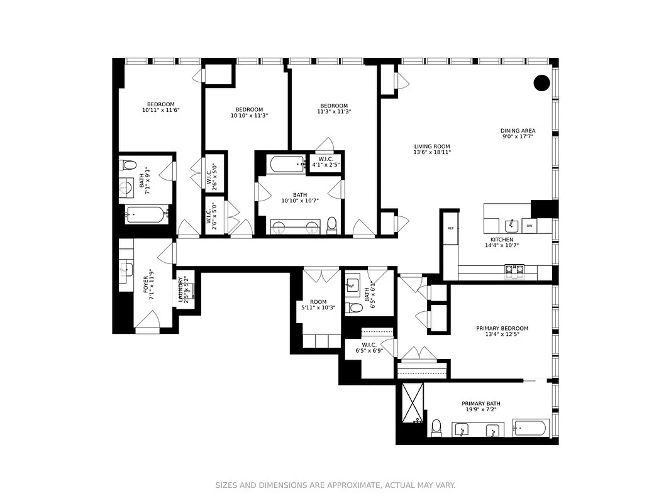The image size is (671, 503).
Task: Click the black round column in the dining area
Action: click(541, 82)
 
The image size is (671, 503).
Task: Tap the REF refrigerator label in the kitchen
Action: click(450, 229)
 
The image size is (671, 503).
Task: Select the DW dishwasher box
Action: click(529, 225)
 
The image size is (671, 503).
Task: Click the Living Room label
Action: click(431, 146)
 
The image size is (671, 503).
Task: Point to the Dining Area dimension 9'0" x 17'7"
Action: click(518, 136)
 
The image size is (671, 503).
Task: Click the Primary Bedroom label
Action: click(502, 328)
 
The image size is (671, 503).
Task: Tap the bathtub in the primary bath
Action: click(530, 429)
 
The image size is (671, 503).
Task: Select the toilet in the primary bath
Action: click(436, 427)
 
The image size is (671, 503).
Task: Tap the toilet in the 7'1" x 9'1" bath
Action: click(130, 165)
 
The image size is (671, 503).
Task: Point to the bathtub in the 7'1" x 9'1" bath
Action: click(147, 214)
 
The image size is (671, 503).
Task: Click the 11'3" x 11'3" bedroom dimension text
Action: click(333, 111)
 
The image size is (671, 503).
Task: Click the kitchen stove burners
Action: click(514, 270)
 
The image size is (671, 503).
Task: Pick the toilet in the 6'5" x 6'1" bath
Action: click(357, 307)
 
